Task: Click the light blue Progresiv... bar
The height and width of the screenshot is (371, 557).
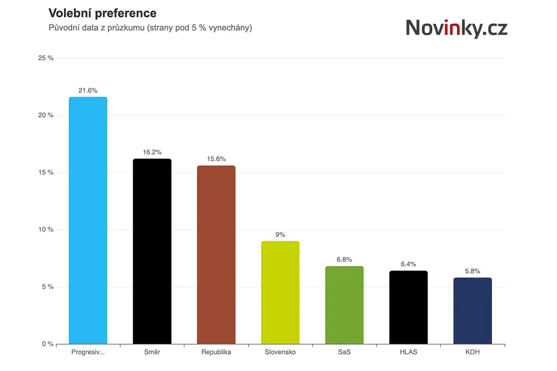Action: (88, 221)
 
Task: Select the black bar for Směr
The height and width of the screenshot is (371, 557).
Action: (152, 251)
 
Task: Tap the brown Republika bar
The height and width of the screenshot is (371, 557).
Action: (216, 255)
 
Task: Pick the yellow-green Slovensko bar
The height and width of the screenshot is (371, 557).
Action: (280, 293)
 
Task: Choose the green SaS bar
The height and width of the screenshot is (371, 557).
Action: (344, 305)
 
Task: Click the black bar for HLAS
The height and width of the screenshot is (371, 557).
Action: (408, 308)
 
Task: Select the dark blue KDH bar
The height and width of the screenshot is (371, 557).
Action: (472, 311)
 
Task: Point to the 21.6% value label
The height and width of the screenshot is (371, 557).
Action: (88, 91)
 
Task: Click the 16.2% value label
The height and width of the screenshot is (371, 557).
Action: (152, 153)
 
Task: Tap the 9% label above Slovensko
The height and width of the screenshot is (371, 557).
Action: (280, 234)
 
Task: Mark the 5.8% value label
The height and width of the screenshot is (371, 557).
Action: (472, 271)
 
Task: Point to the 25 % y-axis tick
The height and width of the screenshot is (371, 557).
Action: (46, 58)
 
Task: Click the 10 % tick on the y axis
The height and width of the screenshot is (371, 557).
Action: (46, 230)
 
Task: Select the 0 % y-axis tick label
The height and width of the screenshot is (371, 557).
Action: (47, 344)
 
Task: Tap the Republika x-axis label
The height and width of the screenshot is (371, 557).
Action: (216, 352)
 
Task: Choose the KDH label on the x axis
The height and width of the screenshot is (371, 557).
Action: (472, 352)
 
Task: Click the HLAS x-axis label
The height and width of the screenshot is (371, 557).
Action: (408, 352)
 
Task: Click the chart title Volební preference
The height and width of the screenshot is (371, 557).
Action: (102, 13)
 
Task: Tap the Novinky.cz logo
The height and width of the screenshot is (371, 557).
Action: (456, 28)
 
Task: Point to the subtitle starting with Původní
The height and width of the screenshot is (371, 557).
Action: (150, 28)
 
